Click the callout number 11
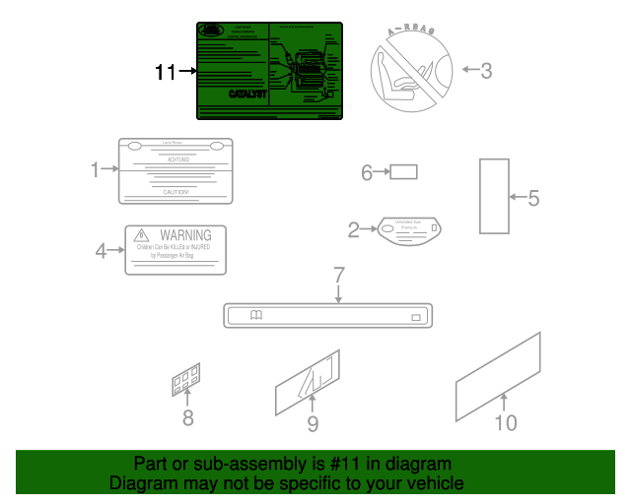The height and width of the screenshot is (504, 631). pyautogui.click(x=165, y=72)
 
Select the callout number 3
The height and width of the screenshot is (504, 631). pyautogui.click(x=486, y=71)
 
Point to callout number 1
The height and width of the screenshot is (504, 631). pyautogui.click(x=96, y=170)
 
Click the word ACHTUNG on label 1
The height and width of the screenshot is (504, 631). pyautogui.click(x=177, y=157)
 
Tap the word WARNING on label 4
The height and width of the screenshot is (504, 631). pyautogui.click(x=185, y=235)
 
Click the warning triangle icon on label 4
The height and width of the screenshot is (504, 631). pyautogui.click(x=142, y=235)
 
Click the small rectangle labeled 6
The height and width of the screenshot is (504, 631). pyautogui.click(x=403, y=172)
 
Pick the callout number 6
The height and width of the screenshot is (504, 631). pyautogui.click(x=367, y=173)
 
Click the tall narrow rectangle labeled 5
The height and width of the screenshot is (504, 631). pyautogui.click(x=493, y=196)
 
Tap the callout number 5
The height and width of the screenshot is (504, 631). pyautogui.click(x=533, y=199)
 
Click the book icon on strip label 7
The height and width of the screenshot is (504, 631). pyautogui.click(x=256, y=316)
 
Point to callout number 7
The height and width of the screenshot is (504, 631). pyautogui.click(x=338, y=275)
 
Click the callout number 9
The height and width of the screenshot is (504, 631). pyautogui.click(x=313, y=423)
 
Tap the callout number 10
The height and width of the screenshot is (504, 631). pyautogui.click(x=505, y=422)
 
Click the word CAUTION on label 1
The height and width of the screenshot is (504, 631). pyautogui.click(x=176, y=193)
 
